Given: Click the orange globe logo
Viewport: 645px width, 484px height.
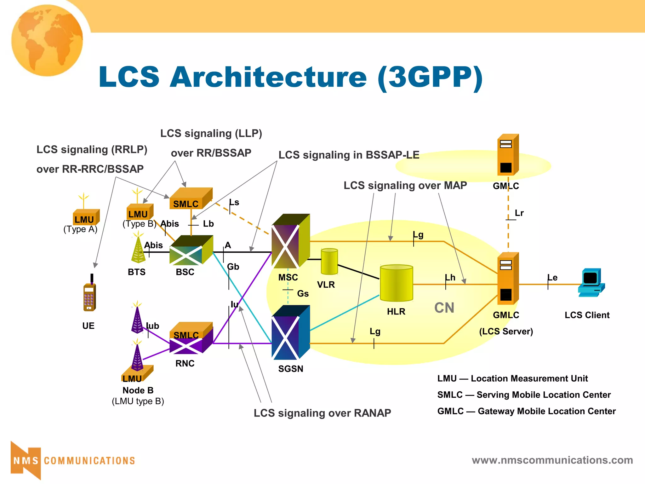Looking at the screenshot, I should pyautogui.click(x=47, y=40).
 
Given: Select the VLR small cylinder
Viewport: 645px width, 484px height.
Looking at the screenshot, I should pyautogui.click(x=329, y=262).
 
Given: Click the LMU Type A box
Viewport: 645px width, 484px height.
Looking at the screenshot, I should pyautogui.click(x=86, y=217).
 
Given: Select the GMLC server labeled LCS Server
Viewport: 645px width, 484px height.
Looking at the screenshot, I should pyautogui.click(x=507, y=279).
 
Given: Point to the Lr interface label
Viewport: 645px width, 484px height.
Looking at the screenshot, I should pyautogui.click(x=519, y=213).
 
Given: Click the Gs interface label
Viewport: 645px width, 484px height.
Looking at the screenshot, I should pyautogui.click(x=303, y=294).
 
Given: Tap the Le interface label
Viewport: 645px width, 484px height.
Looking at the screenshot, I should pyautogui.click(x=552, y=278).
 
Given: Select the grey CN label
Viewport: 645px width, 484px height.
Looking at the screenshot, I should pyautogui.click(x=444, y=308).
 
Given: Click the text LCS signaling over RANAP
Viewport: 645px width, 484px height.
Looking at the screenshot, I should pyautogui.click(x=322, y=413).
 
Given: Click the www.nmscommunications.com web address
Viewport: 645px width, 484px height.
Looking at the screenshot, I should pyautogui.click(x=552, y=460).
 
